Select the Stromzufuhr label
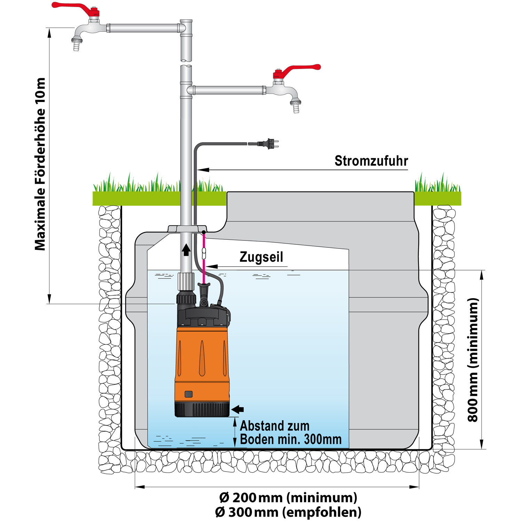point(371,161)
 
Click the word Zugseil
point(261,257)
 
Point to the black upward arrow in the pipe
point(187,250)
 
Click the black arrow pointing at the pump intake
point(238,410)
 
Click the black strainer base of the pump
point(202,410)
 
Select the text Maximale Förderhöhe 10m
point(40,164)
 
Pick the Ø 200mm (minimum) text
point(288,498)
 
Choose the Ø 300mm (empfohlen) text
point(288,512)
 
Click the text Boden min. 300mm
point(291,440)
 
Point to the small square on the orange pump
point(188,394)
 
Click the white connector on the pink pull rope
point(204,253)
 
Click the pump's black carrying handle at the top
point(204,286)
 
